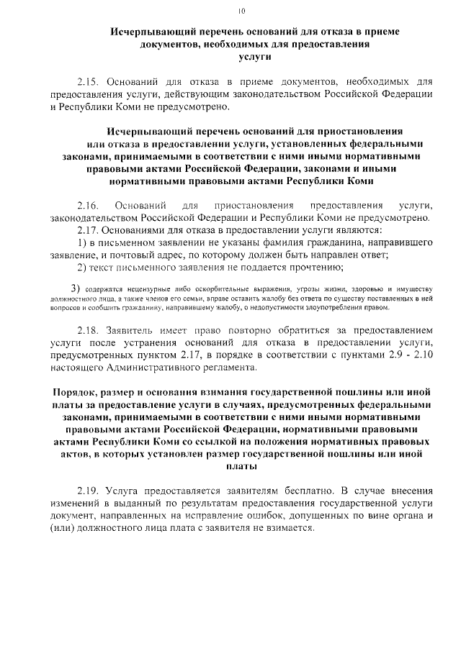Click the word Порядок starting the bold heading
click(x=77, y=392)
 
